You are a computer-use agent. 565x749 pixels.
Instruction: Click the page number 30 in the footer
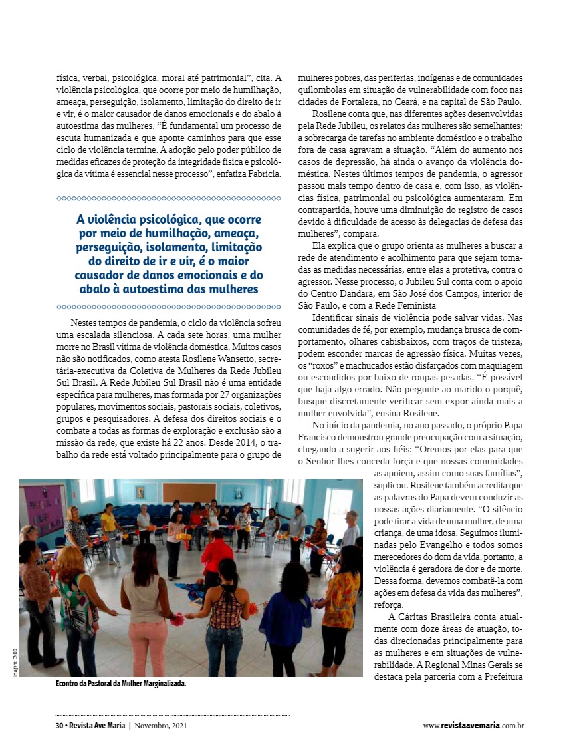click(x=58, y=726)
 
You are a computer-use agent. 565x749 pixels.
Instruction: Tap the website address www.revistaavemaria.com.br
click(x=473, y=726)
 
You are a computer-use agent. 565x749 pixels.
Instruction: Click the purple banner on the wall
click(x=43, y=508)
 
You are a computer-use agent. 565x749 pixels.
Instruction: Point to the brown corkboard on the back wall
click(x=189, y=492)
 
